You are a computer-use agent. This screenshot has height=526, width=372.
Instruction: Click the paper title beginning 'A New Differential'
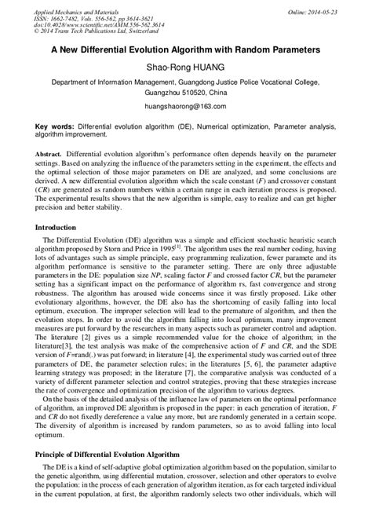186,49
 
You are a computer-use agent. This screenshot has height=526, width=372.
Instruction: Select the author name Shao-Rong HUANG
186,68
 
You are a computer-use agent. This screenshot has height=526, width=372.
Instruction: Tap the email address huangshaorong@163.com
186,105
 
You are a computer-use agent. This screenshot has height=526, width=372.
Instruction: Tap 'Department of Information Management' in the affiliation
117,81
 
